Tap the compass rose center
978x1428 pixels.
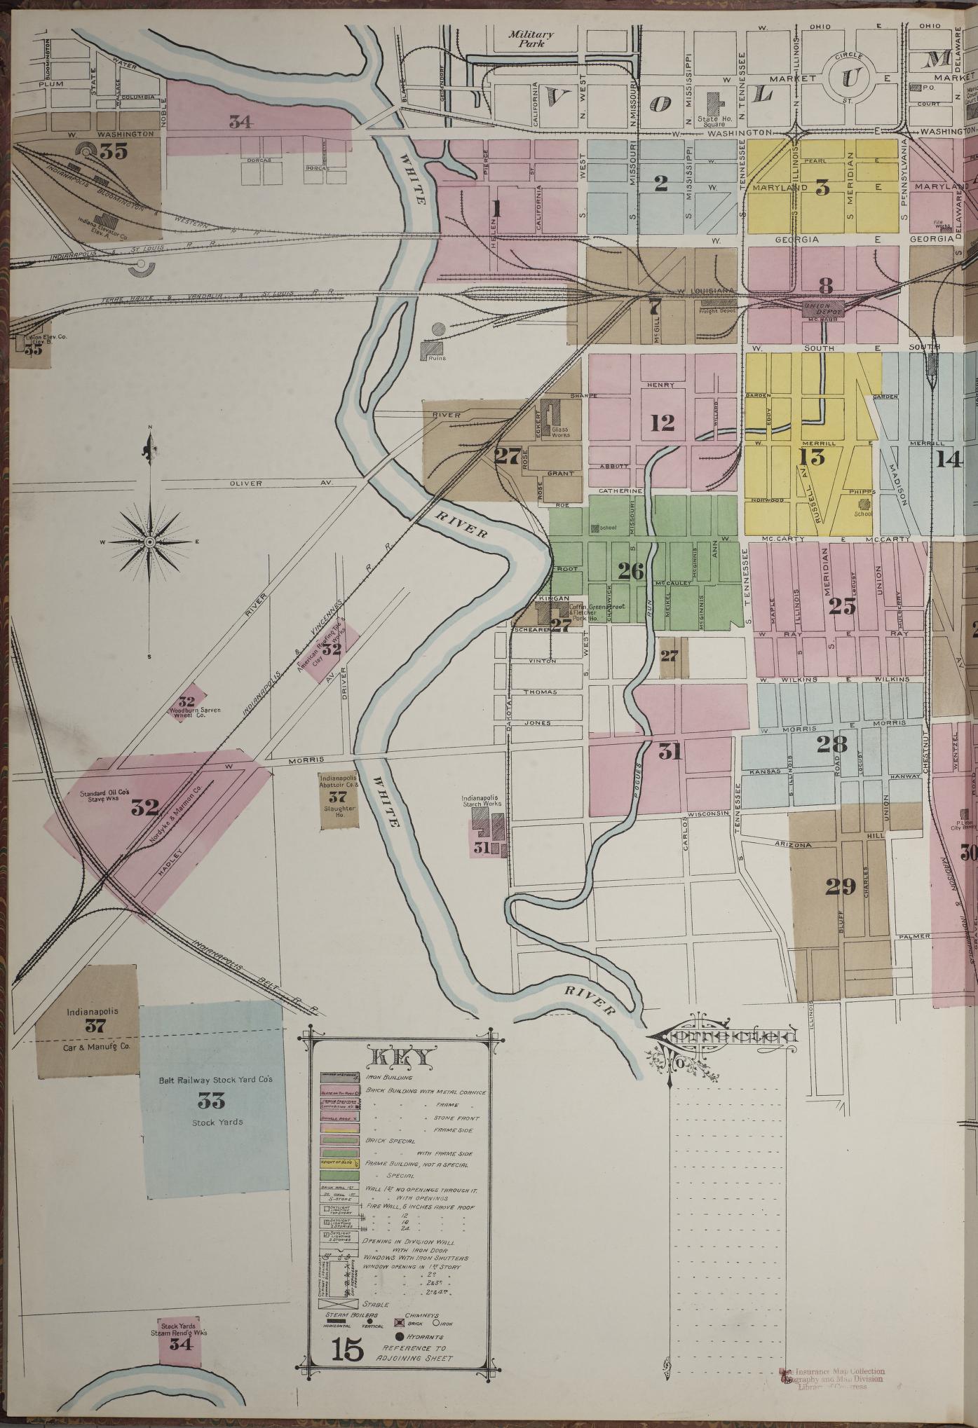tap(150, 542)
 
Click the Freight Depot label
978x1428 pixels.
tap(719, 311)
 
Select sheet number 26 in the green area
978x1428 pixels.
tap(630, 571)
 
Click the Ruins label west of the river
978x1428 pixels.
tap(437, 358)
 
